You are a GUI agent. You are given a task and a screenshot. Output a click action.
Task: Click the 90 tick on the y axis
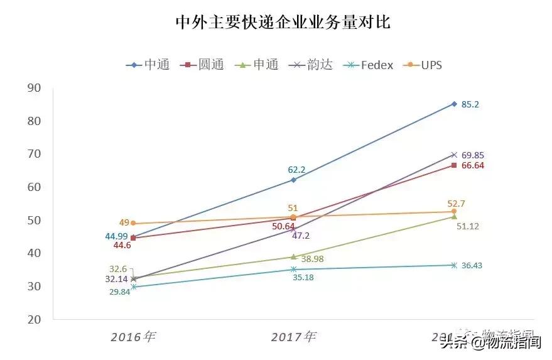34,88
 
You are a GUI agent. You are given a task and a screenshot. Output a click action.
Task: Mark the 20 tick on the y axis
34,319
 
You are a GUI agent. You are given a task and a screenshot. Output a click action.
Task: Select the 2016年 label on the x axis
133,337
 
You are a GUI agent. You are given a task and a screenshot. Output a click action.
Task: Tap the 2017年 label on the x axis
293,337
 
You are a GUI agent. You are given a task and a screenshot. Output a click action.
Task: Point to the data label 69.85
473,155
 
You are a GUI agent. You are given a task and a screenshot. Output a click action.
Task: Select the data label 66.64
473,165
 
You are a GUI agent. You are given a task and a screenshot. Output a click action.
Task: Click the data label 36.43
473,266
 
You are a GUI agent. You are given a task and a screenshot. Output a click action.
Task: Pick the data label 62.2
293,169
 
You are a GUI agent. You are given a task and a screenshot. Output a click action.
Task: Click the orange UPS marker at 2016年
133,223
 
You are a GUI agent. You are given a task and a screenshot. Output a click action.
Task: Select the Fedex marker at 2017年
293,270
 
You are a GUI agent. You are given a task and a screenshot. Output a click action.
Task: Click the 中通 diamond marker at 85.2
453,104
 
